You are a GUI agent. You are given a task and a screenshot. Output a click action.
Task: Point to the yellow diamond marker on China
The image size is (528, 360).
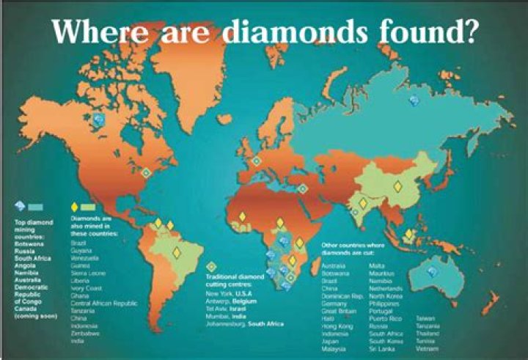tap(397, 186)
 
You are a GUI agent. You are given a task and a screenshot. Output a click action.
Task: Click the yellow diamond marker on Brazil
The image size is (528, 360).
tap(176, 252)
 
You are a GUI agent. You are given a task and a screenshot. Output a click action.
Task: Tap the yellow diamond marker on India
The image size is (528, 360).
tap(362, 203)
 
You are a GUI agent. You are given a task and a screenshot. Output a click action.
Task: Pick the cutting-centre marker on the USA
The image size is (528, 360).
tap(146, 172)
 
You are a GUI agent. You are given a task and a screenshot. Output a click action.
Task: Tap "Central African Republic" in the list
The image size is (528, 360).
tap(103, 303)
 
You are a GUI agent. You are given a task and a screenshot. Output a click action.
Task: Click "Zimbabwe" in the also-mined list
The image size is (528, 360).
tap(84, 331)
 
